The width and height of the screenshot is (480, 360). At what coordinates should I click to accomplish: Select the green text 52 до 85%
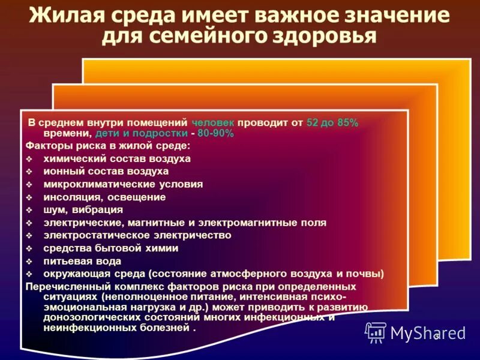[332, 122]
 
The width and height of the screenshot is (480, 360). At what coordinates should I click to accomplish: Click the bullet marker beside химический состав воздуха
[30, 159]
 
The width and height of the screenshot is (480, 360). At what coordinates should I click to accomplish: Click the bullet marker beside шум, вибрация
[30, 210]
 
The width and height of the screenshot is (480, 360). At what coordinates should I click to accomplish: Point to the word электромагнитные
[242, 223]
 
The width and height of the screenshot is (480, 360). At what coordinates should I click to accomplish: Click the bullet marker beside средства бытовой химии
[30, 248]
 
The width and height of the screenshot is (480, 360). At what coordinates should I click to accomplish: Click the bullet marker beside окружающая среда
[30, 274]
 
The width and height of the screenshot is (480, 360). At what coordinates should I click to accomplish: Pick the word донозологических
[88, 318]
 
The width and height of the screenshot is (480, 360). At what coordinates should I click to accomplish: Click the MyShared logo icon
[376, 332]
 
